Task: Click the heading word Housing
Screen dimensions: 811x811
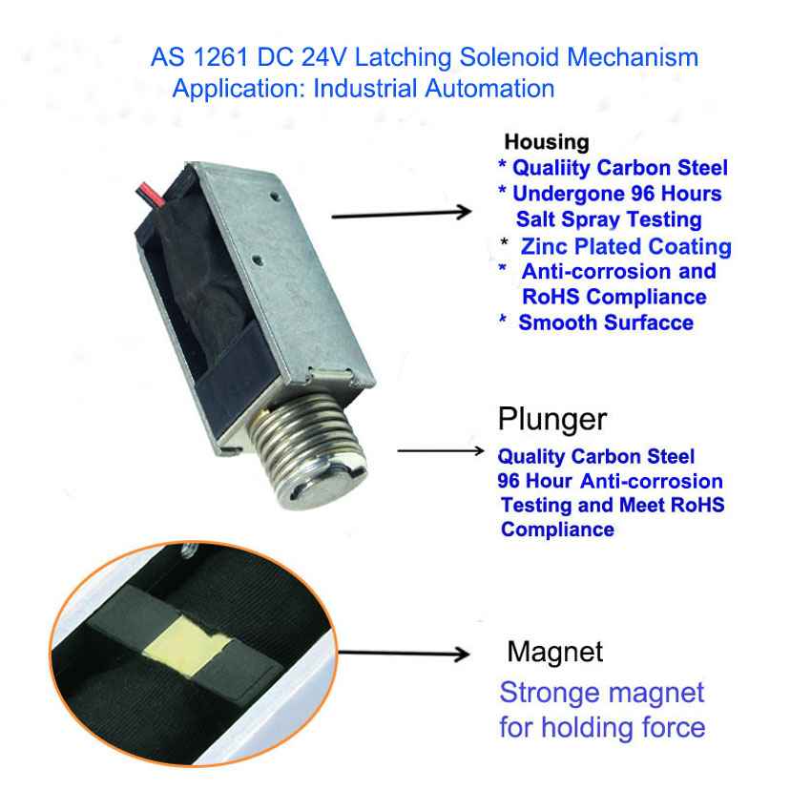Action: (x=547, y=142)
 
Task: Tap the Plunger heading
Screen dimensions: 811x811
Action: (x=551, y=420)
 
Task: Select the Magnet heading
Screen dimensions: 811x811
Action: (x=555, y=652)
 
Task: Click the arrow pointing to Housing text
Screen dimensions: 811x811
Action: (x=402, y=214)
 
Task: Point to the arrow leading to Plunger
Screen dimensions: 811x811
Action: (x=441, y=450)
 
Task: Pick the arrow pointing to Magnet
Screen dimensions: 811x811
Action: (x=404, y=654)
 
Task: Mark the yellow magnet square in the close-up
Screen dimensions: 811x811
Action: (x=187, y=646)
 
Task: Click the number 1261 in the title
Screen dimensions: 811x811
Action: (x=220, y=57)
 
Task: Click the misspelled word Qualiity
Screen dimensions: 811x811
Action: (x=551, y=169)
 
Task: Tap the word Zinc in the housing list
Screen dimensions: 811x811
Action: (x=545, y=246)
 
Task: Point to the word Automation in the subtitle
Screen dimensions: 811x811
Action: (x=489, y=89)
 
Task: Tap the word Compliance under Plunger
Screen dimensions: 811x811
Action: (x=557, y=530)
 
